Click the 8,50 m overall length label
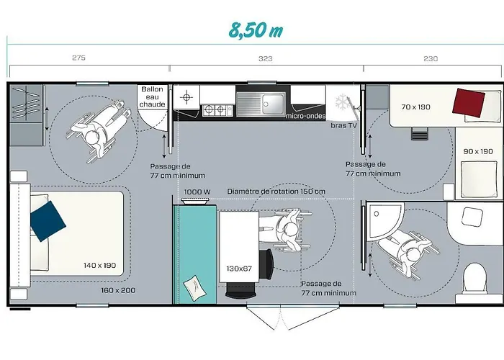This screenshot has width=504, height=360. (x=256, y=30)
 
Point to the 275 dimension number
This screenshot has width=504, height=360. (x=78, y=58)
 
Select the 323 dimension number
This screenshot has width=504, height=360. (x=266, y=58)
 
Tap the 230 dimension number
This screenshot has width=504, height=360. (x=431, y=58)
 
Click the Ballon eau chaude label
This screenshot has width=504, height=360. (x=153, y=96)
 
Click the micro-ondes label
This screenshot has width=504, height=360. (x=306, y=116)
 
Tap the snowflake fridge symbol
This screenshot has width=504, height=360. (x=343, y=102)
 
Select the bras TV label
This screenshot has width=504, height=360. (x=344, y=125)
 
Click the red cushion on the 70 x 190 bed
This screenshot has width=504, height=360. (x=469, y=102)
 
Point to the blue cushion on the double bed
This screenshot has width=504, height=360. (x=48, y=221)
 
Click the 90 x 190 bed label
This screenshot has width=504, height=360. (x=478, y=151)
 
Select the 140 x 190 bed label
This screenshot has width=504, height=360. (x=99, y=266)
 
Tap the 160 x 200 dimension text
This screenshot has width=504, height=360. (x=118, y=290)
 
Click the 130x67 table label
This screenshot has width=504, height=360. (x=239, y=269)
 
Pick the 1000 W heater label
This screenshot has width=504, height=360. (x=197, y=192)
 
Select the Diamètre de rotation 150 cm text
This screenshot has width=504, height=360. (x=276, y=192)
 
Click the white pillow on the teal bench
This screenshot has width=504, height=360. (x=194, y=288)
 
